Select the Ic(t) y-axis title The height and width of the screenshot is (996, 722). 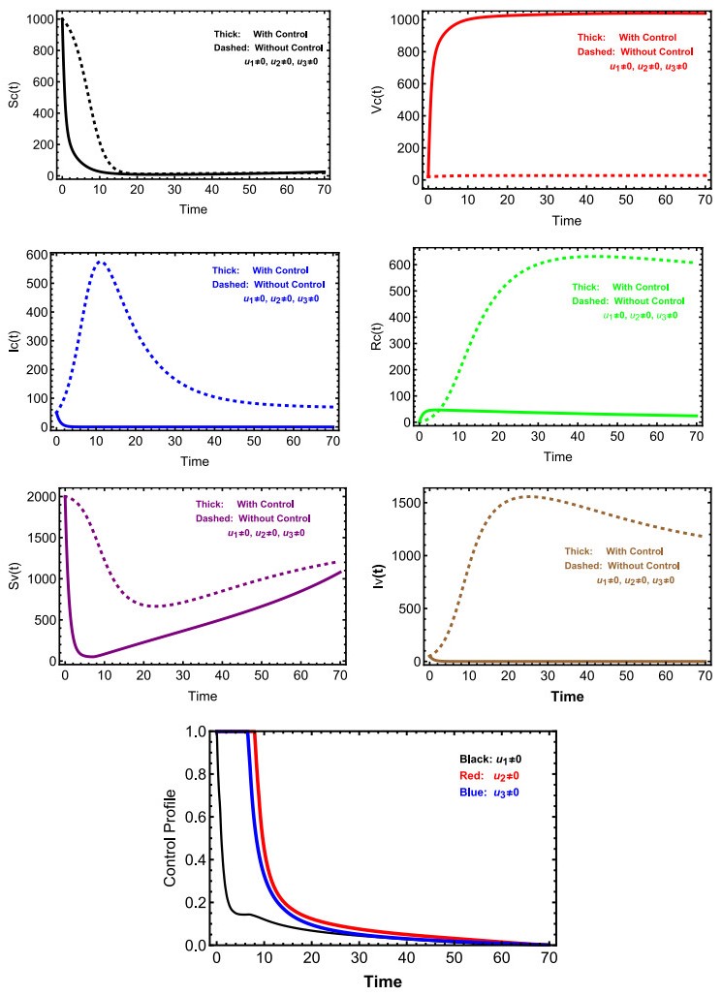(x=15, y=339)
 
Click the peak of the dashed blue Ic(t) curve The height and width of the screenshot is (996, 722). (x=100, y=262)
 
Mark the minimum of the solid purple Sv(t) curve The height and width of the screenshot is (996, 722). (x=92, y=657)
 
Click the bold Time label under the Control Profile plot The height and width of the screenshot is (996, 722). (x=383, y=980)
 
